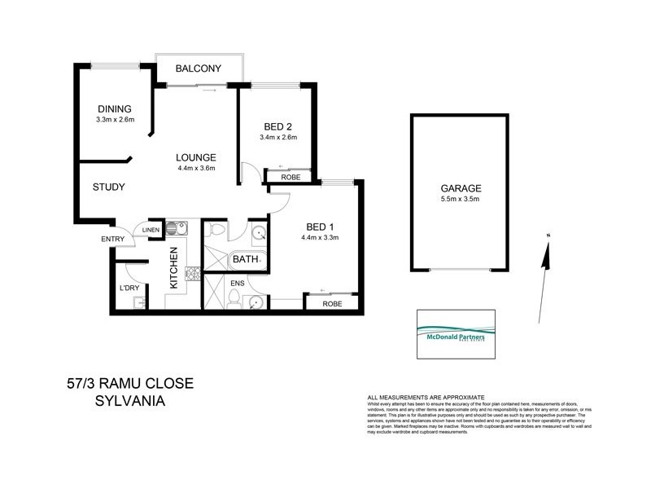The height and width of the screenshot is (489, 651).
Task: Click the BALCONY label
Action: click(x=199, y=68)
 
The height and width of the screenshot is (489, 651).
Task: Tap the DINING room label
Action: click(x=114, y=109)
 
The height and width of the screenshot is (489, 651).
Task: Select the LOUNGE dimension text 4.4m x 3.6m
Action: click(x=195, y=169)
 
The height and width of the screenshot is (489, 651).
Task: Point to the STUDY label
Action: click(x=108, y=187)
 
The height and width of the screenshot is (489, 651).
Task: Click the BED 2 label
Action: click(x=277, y=126)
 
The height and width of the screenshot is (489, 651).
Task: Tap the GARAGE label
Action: click(x=461, y=187)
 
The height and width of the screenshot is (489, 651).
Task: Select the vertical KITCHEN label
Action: click(x=173, y=270)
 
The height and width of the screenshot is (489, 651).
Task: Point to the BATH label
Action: click(x=245, y=260)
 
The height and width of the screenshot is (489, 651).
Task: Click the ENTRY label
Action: click(x=112, y=239)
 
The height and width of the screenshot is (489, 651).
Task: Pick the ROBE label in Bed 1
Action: click(x=330, y=304)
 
